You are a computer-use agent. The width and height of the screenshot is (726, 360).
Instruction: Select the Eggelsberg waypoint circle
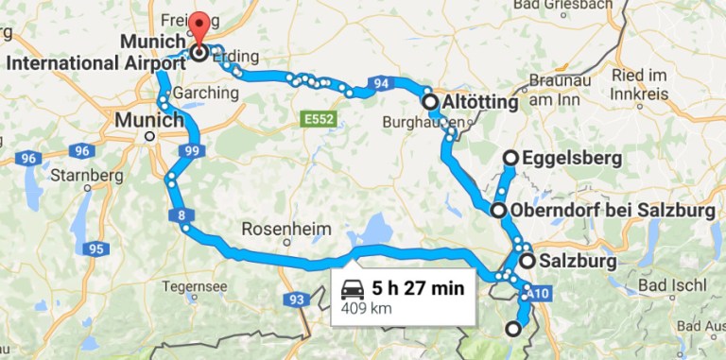coord(510,158)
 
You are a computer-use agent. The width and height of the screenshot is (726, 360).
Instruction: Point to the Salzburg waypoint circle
coord(527,261)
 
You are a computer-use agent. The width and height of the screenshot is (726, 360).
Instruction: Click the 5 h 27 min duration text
coord(418,288)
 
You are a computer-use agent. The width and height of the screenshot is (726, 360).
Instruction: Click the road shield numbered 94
coord(380,84)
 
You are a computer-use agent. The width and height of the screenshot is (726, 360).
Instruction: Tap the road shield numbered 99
coord(193,151)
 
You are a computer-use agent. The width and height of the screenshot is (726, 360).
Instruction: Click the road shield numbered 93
coord(296,300)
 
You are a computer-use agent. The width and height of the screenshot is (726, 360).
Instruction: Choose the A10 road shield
coord(538,294)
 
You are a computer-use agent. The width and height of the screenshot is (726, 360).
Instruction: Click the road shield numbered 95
coord(94,249)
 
